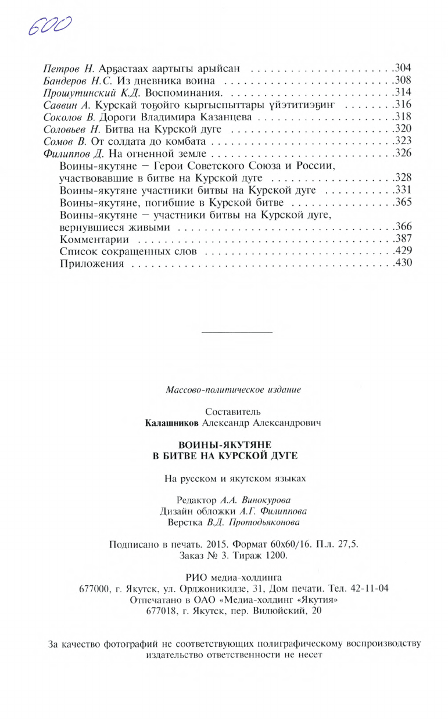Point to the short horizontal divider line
pyautogui.click(x=236, y=332)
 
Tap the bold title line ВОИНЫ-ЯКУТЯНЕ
pyautogui.click(x=224, y=445)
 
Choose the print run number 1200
pyautogui.click(x=275, y=555)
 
